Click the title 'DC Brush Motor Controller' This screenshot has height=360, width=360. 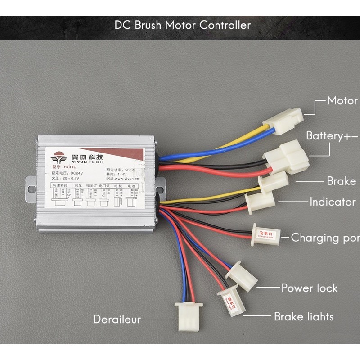click(x=182, y=25)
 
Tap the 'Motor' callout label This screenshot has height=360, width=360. click(x=342, y=101)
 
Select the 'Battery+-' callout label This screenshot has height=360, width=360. click(x=332, y=136)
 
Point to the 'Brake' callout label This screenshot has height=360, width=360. click(x=341, y=181)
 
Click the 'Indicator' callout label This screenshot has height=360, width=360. click(x=333, y=202)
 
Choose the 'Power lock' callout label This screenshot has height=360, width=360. click(x=310, y=288)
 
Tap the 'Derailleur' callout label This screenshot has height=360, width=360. click(x=117, y=319)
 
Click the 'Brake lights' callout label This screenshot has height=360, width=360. click(x=304, y=317)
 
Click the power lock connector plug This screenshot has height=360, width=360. click(x=242, y=275)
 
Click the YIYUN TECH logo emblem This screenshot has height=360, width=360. click(x=58, y=159)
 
